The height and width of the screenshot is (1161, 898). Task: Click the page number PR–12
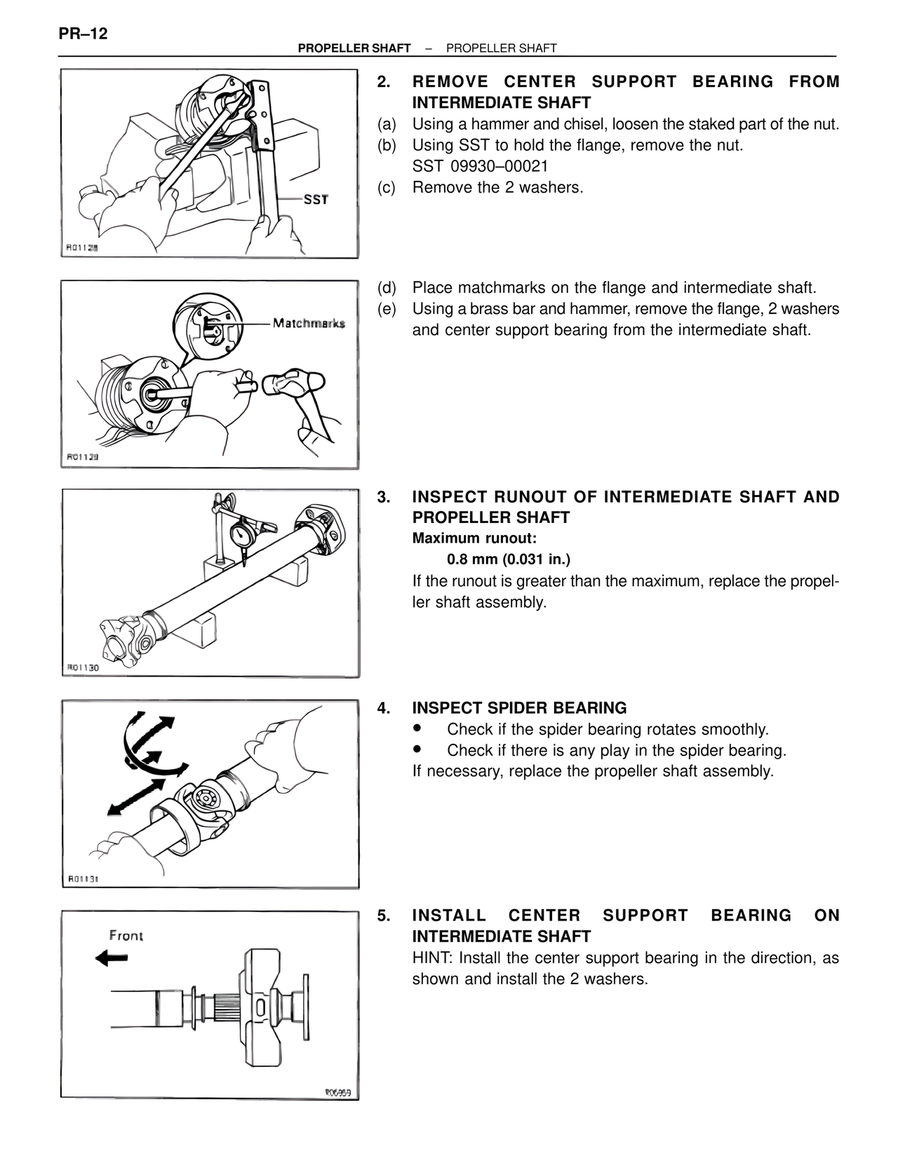point(83,33)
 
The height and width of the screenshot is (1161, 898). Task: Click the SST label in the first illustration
point(316,199)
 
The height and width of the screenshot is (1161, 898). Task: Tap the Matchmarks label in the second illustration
point(309,323)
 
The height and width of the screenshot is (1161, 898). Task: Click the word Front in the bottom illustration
point(126,935)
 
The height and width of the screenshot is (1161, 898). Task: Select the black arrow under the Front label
point(112,958)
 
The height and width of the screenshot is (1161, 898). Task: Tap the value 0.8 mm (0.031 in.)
point(508,559)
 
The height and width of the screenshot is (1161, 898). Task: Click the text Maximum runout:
point(474,538)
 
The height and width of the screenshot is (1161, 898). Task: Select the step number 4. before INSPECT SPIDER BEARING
point(383,708)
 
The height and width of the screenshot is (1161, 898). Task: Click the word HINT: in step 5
point(433,958)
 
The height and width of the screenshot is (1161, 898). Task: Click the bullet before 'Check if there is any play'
point(417,749)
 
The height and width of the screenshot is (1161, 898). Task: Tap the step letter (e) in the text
point(387,308)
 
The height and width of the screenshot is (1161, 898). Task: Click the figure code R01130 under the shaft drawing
point(83,667)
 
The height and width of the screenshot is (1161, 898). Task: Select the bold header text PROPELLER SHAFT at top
point(354,48)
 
